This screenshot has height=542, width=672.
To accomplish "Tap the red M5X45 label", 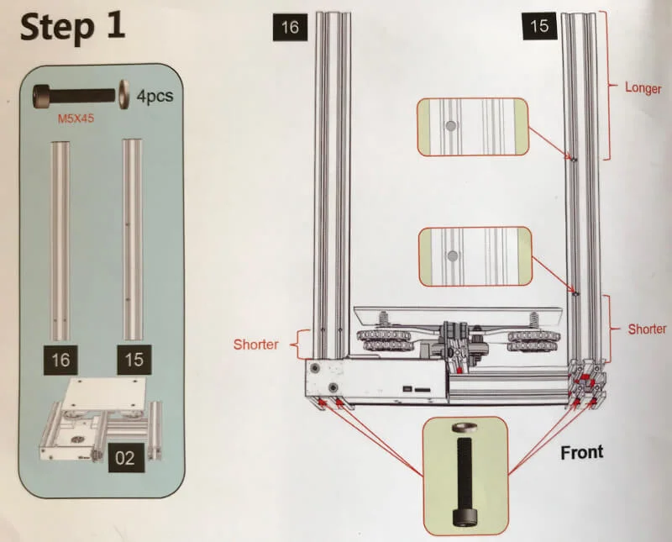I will click(75, 118).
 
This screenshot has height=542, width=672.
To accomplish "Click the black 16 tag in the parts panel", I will click(60, 360).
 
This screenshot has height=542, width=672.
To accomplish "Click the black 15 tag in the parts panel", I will click(134, 360).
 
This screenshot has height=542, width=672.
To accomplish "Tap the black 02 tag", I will click(123, 459).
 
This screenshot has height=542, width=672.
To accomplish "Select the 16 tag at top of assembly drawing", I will click(289, 27).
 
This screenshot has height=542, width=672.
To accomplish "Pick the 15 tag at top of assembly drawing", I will click(539, 26).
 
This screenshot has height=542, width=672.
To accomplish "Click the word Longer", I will click(643, 87).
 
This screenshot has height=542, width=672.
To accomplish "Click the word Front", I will click(581, 452).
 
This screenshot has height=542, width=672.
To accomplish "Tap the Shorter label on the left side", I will click(255, 345).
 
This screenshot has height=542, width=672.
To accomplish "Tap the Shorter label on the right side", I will click(647, 329).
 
